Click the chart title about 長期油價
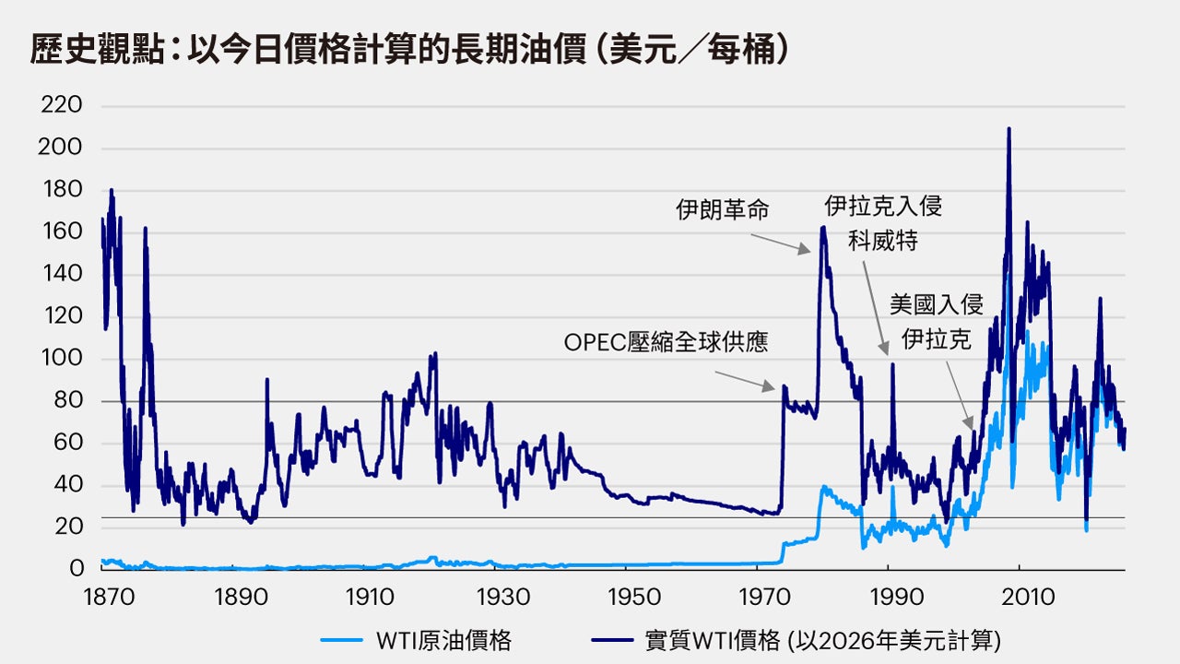click(x=410, y=51)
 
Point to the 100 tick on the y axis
click(x=63, y=359)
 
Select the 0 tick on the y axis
click(x=77, y=569)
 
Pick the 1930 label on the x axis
click(x=496, y=598)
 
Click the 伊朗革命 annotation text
click(x=722, y=210)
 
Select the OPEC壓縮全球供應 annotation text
click(x=666, y=343)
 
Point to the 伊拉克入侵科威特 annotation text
click(x=883, y=222)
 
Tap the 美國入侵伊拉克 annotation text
click(x=936, y=322)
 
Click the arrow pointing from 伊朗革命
click(x=780, y=243)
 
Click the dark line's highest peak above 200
click(x=1009, y=129)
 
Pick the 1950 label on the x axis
click(x=627, y=598)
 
